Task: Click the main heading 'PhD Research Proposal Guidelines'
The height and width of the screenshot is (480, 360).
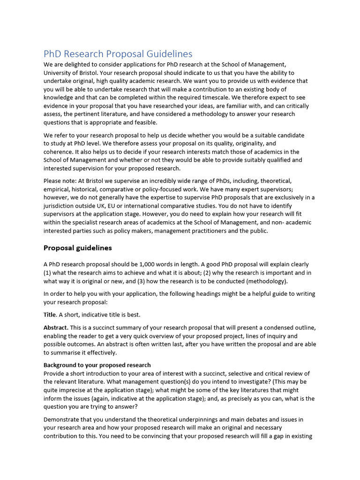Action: (118, 54)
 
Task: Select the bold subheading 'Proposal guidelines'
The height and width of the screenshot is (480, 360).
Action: (77, 247)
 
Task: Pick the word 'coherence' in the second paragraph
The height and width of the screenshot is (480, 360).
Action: (58, 152)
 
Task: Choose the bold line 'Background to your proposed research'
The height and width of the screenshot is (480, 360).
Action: (97, 365)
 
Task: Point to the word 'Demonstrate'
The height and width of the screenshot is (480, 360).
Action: (63, 419)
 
